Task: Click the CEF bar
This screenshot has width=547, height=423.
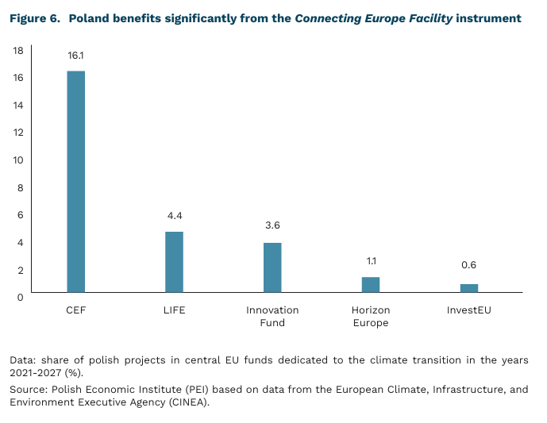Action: tap(75, 182)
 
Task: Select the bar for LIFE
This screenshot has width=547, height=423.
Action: tap(174, 262)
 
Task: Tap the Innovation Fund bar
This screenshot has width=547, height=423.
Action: tap(272, 267)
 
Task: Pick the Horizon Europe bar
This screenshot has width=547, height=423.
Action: tap(371, 285)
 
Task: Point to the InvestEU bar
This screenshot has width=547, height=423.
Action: tap(469, 288)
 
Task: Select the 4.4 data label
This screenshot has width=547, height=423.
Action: tap(174, 215)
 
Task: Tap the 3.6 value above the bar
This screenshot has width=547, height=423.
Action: tap(272, 225)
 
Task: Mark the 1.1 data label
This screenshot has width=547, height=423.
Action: tap(371, 260)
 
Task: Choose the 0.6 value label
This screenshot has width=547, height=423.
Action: tap(469, 265)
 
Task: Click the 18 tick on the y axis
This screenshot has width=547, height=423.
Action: tap(18, 50)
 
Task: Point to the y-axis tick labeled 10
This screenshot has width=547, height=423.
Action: tap(18, 160)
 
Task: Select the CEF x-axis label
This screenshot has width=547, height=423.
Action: tap(75, 310)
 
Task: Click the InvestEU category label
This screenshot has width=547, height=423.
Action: tap(469, 310)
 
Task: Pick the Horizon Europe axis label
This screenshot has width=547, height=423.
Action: tap(371, 317)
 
